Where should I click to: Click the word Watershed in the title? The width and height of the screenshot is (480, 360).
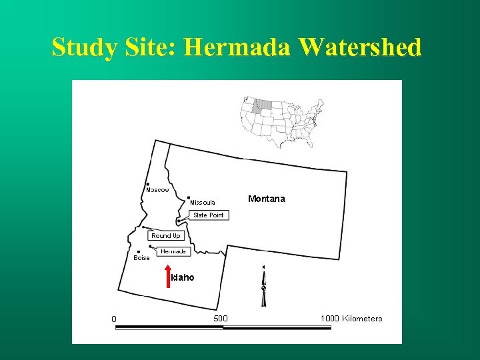coord(361,48)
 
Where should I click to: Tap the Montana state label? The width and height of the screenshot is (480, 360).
coord(266,199)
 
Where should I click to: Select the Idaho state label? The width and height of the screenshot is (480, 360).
coord(183,277)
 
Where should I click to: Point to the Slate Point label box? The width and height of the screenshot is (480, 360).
coord(208,215)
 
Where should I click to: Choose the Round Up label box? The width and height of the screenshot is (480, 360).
coord(165,235)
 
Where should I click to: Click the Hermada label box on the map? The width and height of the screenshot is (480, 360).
coord(173,251)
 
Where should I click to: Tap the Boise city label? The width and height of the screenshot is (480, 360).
coord(141,258)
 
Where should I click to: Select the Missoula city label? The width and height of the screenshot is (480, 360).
coord(202,202)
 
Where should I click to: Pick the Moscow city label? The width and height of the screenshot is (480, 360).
coord(158,190)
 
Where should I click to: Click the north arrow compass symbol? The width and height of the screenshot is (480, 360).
coord(263,287)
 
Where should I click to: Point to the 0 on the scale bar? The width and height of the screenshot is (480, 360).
coord(114,319)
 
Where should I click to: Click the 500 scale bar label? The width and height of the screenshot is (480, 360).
coord(220,318)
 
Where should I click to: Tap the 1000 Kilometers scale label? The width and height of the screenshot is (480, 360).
coord(351,318)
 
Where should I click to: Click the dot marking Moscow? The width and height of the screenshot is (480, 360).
coord(147,184)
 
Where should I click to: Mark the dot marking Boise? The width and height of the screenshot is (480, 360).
coord(138,252)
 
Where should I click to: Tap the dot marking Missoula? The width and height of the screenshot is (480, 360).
coord(189,197)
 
